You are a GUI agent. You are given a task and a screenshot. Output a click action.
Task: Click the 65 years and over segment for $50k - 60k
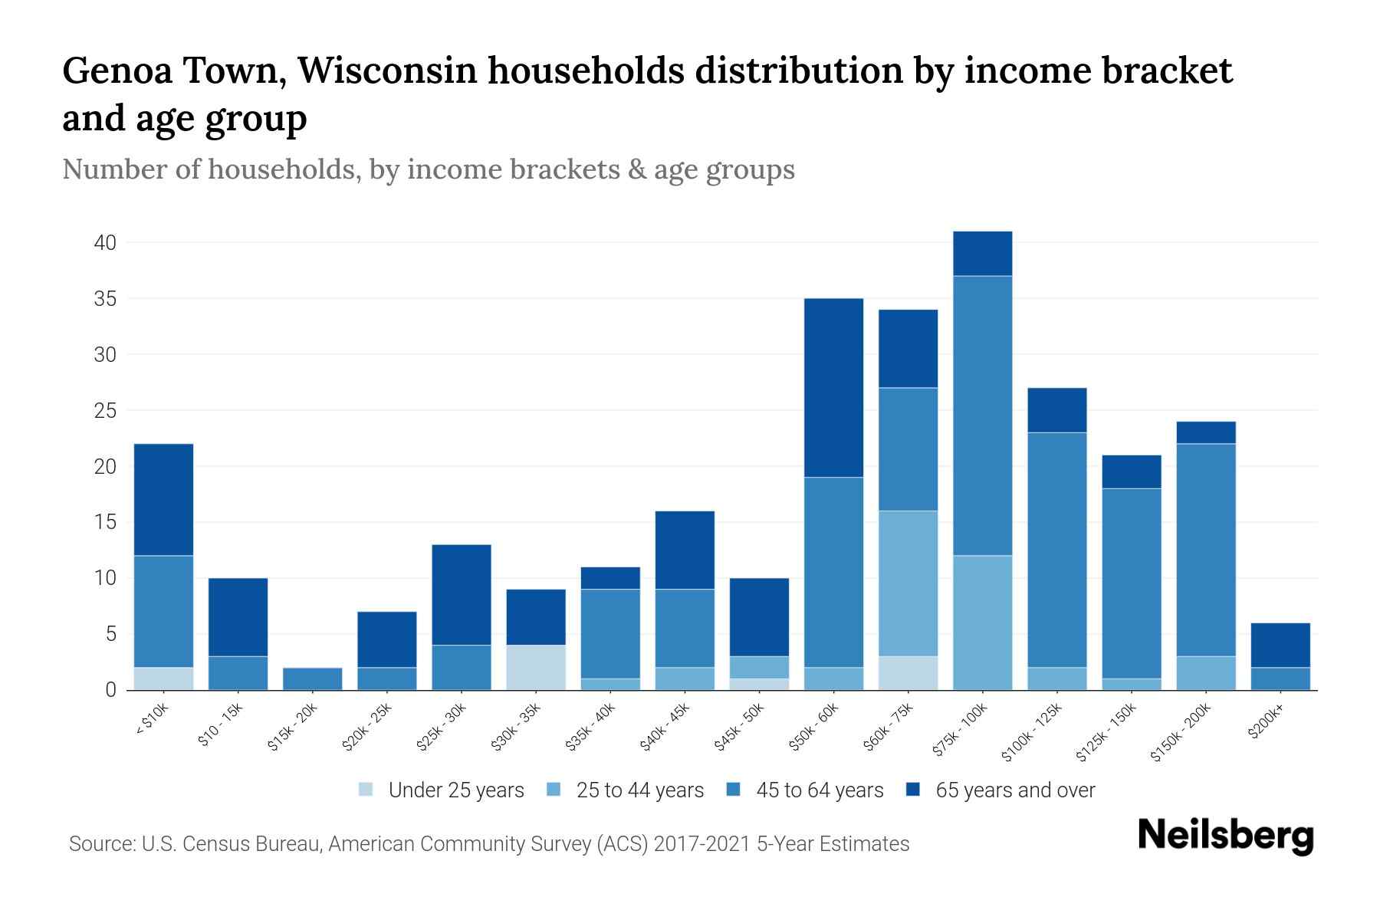pos(833,387)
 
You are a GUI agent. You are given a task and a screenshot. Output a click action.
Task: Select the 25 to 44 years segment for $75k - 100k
pos(982,623)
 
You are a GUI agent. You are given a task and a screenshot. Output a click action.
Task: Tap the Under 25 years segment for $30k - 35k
pos(536,667)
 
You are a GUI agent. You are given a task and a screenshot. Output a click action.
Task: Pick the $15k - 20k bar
pos(313,678)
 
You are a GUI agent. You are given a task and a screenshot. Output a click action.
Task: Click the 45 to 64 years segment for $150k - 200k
pos(1205,550)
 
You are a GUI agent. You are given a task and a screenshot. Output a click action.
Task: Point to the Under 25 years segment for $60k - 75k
pos(908,672)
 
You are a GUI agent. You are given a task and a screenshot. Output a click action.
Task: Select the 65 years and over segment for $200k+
pos(1280,645)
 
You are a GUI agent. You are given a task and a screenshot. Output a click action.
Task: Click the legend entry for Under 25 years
pos(456,790)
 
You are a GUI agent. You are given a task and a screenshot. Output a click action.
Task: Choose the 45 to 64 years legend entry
pos(820,790)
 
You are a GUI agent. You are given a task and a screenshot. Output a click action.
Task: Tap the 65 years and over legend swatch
pos(913,790)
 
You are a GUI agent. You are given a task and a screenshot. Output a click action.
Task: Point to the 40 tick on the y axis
pos(105,243)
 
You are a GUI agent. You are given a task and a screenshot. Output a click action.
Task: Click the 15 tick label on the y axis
pos(105,523)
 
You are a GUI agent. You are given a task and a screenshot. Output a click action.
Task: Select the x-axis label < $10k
pos(153,721)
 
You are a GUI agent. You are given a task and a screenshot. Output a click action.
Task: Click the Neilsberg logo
pos(1224,836)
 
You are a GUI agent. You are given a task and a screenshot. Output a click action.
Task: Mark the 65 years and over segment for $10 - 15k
pos(238,617)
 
